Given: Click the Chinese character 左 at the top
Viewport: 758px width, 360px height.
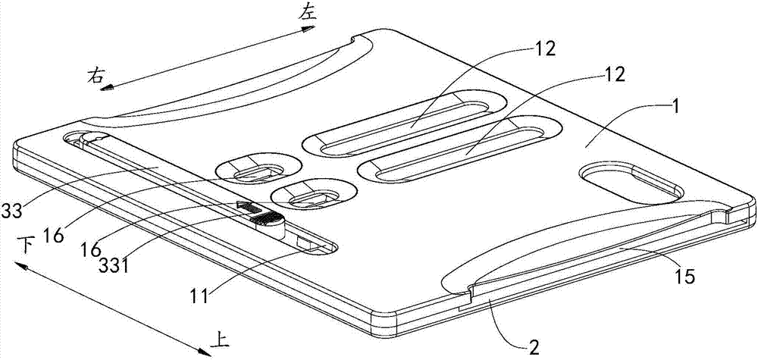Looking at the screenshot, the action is (x=307, y=13).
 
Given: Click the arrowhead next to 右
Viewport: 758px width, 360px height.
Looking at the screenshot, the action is (x=108, y=88).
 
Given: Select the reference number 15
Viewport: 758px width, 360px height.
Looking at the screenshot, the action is (x=683, y=277).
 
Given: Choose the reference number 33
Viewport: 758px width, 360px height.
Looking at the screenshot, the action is (x=11, y=211).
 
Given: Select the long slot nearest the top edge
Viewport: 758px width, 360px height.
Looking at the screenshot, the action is (x=405, y=124).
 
